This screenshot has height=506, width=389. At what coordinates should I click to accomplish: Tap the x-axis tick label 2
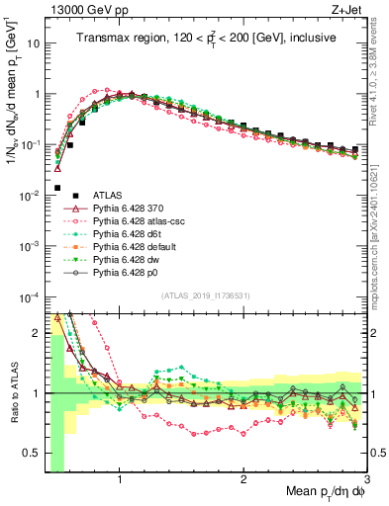[x=243, y=481]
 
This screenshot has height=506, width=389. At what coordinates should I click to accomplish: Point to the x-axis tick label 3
[x=367, y=481]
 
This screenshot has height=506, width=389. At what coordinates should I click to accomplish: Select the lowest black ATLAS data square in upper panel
[x=57, y=188]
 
